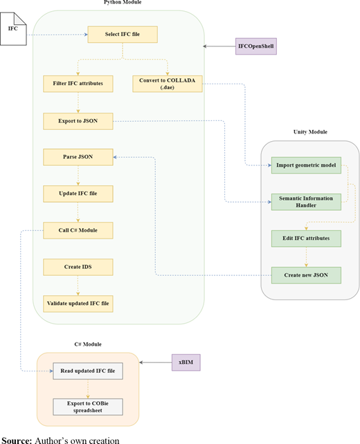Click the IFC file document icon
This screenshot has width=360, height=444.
pos(13,28)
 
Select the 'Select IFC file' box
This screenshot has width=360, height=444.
pos(123,35)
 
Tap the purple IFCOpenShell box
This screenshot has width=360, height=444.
pos(256,46)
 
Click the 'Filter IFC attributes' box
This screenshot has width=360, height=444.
pos(78,84)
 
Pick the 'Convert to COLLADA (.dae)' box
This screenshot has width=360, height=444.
pos(168,84)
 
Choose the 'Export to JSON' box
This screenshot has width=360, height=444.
pos(78,121)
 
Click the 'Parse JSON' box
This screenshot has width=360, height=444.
pos(78,157)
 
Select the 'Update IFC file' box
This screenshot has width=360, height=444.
pos(78,194)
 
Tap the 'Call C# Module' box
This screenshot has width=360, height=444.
pos(78,230)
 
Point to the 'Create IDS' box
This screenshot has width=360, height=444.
pos(78,267)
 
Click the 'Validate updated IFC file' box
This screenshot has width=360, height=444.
pos(78,304)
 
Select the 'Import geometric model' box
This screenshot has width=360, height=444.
pos(306,165)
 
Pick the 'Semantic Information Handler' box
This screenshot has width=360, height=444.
pos(306,202)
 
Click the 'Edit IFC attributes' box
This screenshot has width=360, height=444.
pos(306,239)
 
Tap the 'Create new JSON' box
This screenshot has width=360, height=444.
pos(306,275)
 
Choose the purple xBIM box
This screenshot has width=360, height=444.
pos(186,362)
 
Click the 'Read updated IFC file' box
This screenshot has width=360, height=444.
pos(88,371)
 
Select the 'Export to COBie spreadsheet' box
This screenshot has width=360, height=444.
pos(88,407)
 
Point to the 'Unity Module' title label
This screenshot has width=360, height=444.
pos(310,132)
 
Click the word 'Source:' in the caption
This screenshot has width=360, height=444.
pos(17,441)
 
